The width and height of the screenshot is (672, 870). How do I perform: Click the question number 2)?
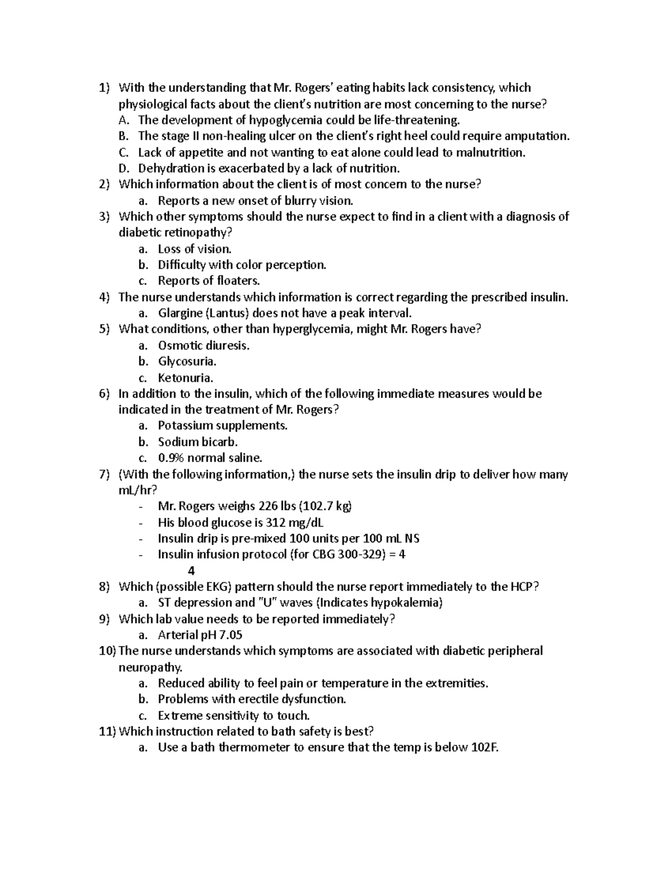tap(105, 184)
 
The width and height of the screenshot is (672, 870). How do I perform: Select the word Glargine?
tap(179, 313)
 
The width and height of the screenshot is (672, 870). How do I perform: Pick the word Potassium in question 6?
tap(185, 426)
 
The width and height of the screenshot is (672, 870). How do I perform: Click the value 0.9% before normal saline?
tap(171, 458)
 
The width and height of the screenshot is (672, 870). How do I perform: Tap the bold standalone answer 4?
tap(192, 571)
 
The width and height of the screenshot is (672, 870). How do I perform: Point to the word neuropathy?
tap(150, 668)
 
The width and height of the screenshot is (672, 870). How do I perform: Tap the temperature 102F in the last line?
tap(484, 748)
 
